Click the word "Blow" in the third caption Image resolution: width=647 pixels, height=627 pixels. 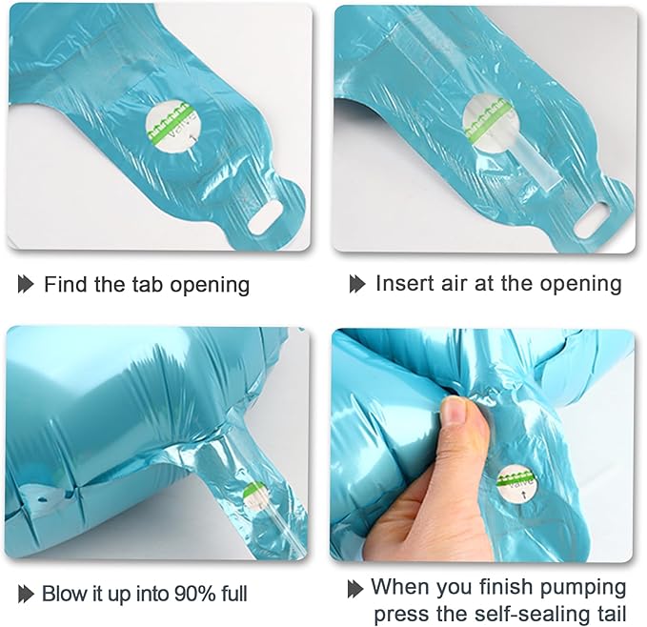tap(63, 594)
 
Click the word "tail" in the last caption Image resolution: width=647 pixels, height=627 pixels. tap(609, 614)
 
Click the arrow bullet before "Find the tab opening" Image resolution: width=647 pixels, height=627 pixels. tap(26, 284)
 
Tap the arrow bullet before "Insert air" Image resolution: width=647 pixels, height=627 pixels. tap(357, 284)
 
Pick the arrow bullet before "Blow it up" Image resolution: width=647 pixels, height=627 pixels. tap(26, 594)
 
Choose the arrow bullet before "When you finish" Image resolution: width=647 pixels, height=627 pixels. tap(355, 589)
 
